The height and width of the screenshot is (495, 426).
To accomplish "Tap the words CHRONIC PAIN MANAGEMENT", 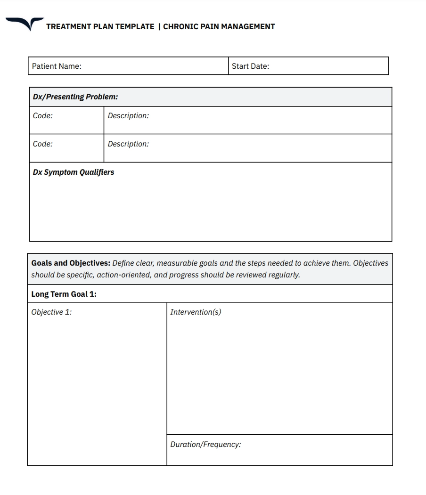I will [219, 27].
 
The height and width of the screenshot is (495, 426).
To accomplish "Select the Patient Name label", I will [57, 66].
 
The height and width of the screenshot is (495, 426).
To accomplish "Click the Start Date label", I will [250, 66].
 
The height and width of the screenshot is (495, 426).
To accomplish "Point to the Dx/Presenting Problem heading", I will [75, 97].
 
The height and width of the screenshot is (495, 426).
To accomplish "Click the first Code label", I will [43, 116].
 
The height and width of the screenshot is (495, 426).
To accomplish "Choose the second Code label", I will [43, 144].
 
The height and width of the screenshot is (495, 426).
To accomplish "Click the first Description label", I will [128, 116].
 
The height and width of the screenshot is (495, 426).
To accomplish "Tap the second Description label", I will [128, 144].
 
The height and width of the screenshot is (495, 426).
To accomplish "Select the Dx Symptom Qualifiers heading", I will [74, 172].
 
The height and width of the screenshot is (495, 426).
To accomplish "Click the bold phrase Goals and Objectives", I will [71, 263].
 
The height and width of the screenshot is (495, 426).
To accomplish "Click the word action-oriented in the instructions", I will [124, 275].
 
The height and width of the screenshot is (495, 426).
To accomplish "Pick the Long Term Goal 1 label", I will [64, 294].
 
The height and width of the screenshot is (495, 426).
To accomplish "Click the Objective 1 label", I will [51, 312].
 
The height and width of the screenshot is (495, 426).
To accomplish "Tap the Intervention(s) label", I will [196, 312].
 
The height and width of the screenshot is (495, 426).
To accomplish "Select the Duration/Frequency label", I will [205, 445].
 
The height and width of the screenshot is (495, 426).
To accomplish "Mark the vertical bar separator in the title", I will [159, 27].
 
